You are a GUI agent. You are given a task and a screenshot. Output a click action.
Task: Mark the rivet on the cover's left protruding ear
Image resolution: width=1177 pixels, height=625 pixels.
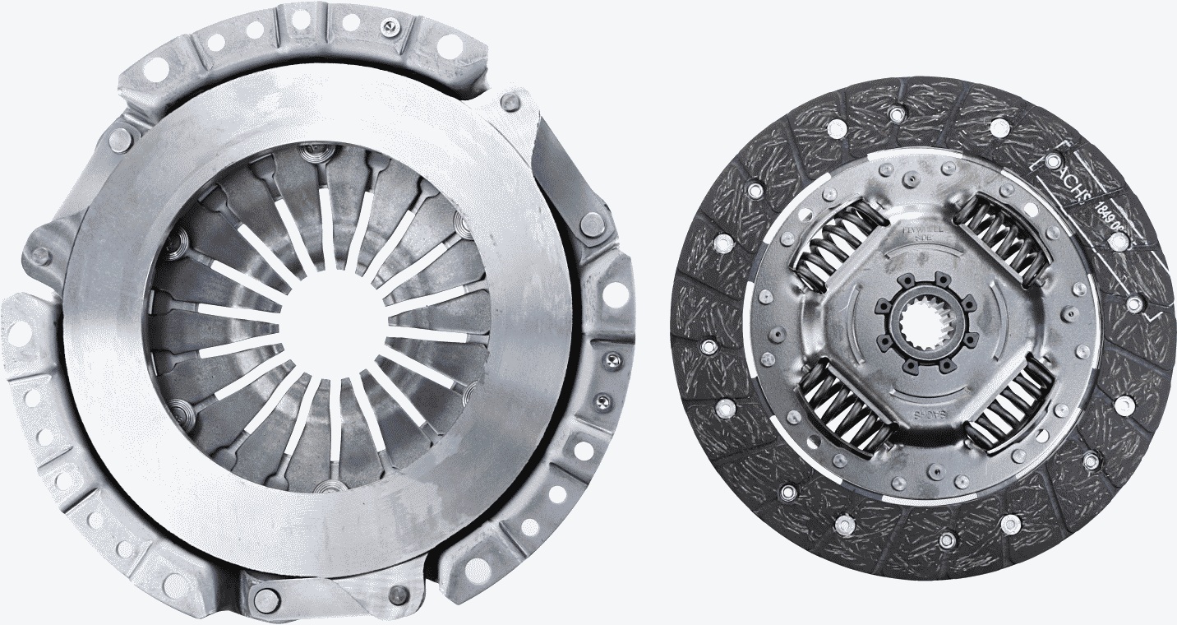39,256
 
